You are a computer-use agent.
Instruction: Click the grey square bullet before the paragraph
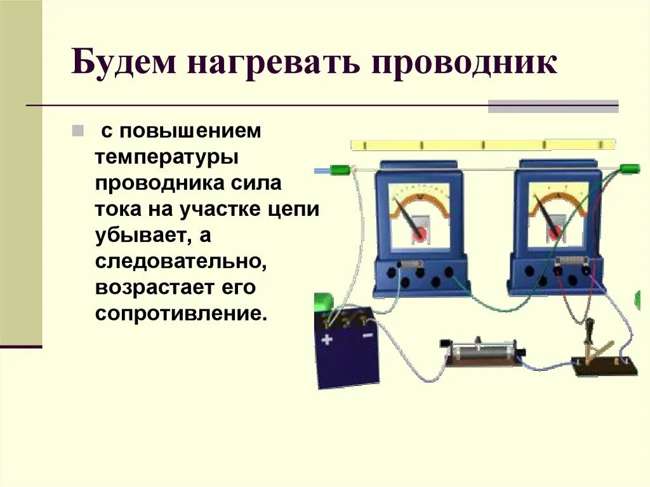pos(77,131)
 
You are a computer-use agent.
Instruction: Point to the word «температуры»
pos(167,157)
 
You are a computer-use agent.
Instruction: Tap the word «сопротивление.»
pos(178,313)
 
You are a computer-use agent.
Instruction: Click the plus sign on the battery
pos(327,339)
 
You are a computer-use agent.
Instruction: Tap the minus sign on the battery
pos(368,337)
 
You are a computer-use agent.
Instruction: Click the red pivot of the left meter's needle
pos(420,233)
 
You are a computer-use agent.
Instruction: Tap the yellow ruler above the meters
pos(482,145)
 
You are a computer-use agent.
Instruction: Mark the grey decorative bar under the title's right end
pos(553,106)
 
